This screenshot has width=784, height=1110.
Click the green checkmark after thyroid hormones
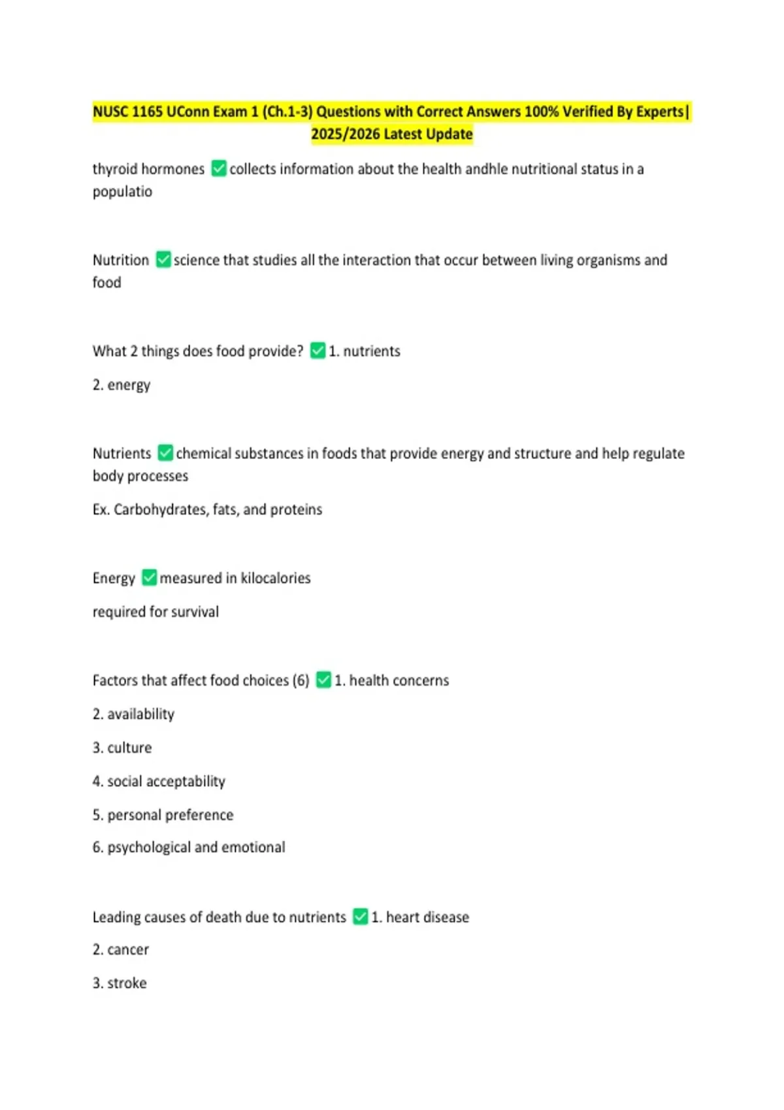coord(219,169)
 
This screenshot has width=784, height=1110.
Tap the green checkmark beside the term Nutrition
coord(163,260)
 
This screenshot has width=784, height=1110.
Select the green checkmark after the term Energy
coord(150,578)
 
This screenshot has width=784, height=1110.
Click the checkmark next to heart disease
coord(361,917)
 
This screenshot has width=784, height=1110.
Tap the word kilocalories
coord(276,578)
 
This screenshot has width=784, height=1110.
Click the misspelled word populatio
coord(122,192)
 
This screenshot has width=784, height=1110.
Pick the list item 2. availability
coord(133,714)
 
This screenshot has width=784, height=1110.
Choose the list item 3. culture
coord(122,748)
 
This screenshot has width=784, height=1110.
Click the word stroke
coord(127,983)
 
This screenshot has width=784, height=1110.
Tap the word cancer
coord(128,949)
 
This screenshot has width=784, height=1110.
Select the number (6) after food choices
coord(301,680)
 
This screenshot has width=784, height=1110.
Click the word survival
coord(195,612)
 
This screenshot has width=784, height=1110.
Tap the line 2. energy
coord(122,385)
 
